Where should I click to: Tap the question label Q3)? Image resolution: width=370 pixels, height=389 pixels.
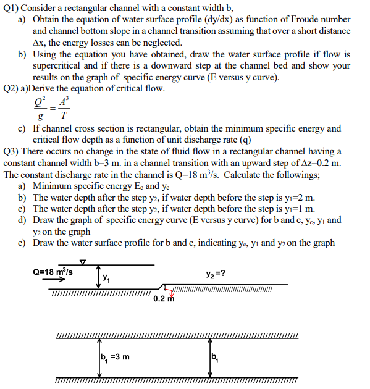13,151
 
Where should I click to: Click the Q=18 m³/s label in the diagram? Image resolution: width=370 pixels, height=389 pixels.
53,271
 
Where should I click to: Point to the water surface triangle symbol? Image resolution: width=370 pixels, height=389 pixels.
82,261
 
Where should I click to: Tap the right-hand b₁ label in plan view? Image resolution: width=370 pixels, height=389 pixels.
214,356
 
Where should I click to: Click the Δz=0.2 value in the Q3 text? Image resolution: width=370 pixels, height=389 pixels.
319,163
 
